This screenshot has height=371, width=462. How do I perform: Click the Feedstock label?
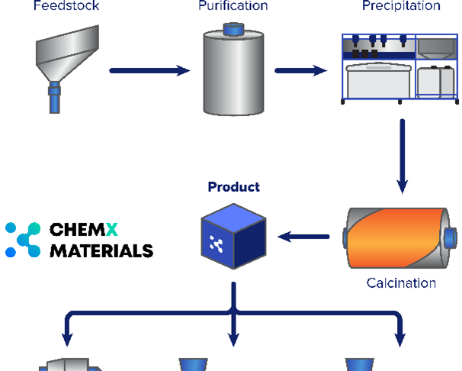pyautogui.click(x=66, y=6)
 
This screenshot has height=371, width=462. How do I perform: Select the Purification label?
pyautogui.click(x=233, y=6)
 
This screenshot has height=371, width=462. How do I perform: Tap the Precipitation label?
pyautogui.click(x=400, y=6)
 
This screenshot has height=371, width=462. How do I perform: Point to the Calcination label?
pyautogui.click(x=401, y=283)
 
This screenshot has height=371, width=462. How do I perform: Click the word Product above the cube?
pyautogui.click(x=233, y=187)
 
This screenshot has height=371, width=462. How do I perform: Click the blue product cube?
pyautogui.click(x=233, y=239)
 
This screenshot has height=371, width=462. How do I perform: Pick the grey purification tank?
pyautogui.click(x=233, y=75)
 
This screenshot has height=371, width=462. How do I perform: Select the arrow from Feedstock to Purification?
pyautogui.click(x=149, y=71)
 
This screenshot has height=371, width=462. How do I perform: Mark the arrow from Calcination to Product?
pyautogui.click(x=303, y=237)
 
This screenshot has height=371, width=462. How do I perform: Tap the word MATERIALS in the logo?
pyautogui.click(x=101, y=250)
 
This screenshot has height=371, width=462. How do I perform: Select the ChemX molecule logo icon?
pyautogui.click(x=22, y=239)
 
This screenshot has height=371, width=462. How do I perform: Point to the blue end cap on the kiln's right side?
pyautogui.click(x=451, y=237)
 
